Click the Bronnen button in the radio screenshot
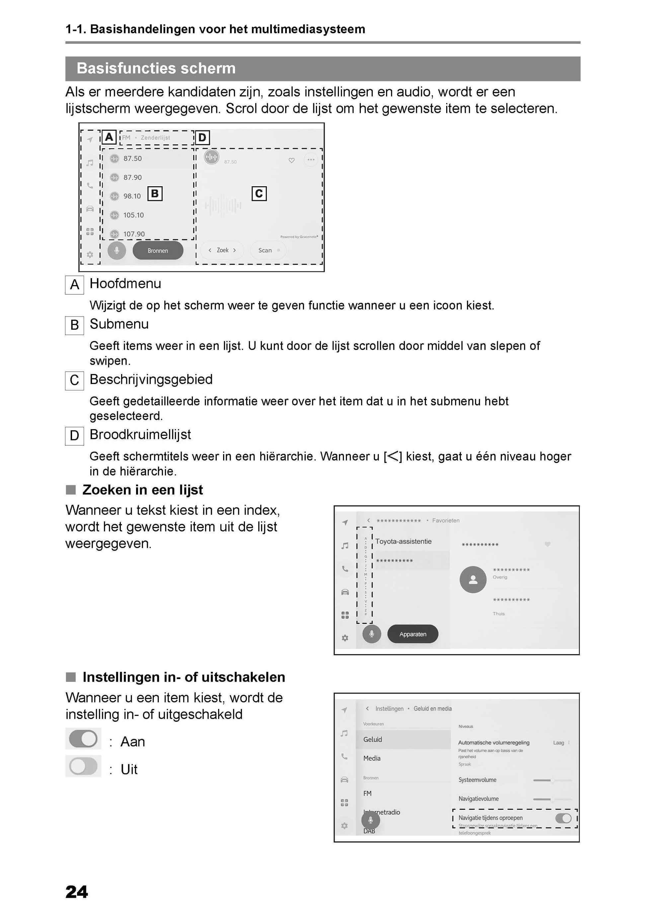[158, 250]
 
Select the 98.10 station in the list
[131, 196]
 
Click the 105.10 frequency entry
[133, 215]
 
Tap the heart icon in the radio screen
[291, 160]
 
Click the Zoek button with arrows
[222, 250]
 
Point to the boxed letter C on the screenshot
[259, 194]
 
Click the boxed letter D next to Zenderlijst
[202, 138]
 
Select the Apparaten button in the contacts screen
[413, 634]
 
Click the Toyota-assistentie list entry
[403, 541]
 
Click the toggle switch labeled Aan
[83, 739]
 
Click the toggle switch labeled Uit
[83, 766]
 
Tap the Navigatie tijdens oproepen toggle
[563, 818]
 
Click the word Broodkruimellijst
[140, 434]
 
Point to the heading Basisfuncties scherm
[156, 68]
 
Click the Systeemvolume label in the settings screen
[477, 780]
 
